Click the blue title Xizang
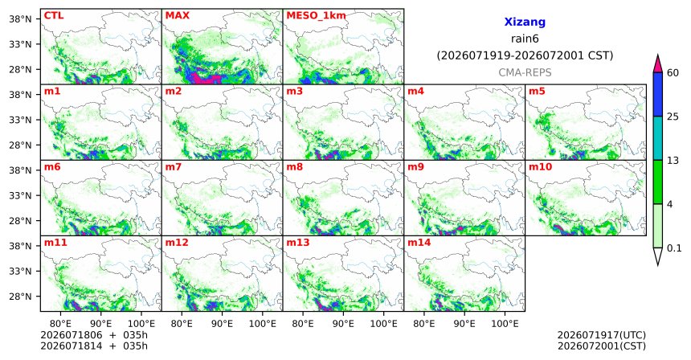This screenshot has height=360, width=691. (x=525, y=22)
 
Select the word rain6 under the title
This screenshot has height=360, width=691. (x=525, y=39)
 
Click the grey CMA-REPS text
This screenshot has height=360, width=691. (x=525, y=72)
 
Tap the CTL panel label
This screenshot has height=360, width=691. (x=54, y=15)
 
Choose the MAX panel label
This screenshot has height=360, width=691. (x=177, y=15)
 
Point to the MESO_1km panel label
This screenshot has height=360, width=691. (x=316, y=16)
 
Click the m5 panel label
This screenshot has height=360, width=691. (x=537, y=92)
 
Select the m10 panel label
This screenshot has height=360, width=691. (x=540, y=167)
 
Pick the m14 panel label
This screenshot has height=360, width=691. (x=419, y=243)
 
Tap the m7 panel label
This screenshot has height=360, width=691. (x=174, y=167)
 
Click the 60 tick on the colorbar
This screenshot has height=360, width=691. (x=673, y=72)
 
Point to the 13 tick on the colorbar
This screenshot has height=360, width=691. (x=673, y=161)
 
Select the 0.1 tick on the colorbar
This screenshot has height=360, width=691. (x=674, y=248)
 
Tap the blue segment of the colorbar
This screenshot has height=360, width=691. (x=658, y=94)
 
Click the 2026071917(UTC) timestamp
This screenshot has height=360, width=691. (x=602, y=336)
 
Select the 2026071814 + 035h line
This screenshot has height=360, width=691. (x=94, y=346)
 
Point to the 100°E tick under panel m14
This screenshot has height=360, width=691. (x=505, y=324)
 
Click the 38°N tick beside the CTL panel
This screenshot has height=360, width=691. (x=21, y=19)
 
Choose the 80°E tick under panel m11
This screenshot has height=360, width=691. (x=60, y=324)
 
